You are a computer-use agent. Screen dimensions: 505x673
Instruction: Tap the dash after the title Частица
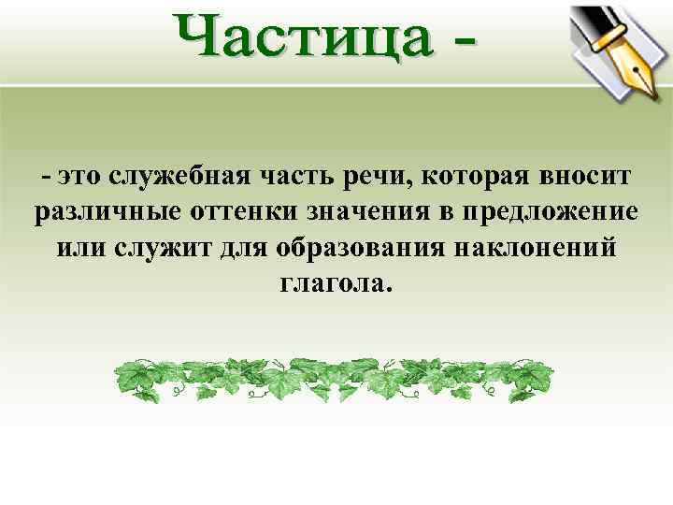[461, 42]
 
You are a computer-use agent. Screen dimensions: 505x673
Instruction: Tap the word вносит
[585, 175]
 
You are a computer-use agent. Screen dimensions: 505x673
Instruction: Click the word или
[75, 248]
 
